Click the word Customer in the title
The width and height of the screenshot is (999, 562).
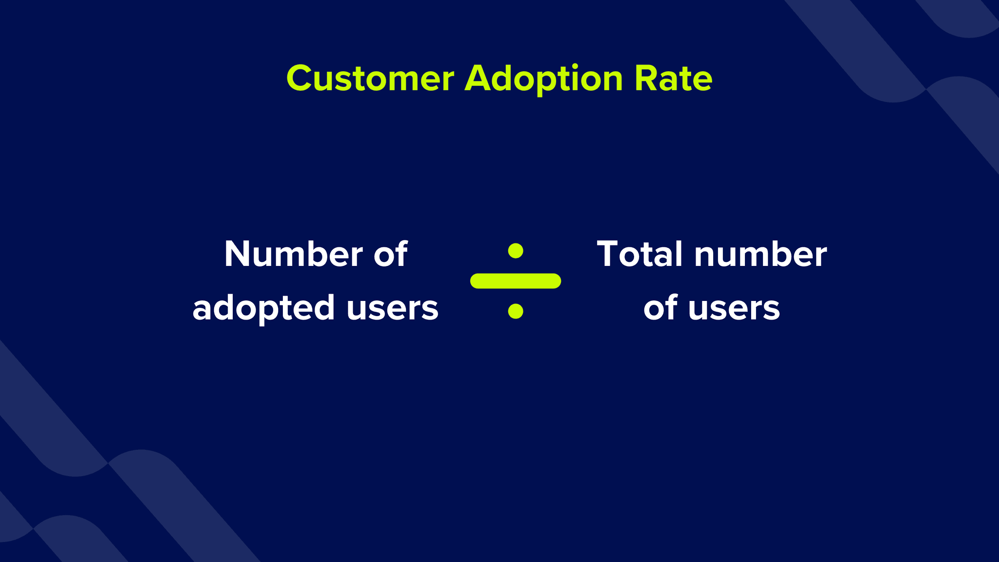tap(370, 79)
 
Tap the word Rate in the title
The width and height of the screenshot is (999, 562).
tap(674, 79)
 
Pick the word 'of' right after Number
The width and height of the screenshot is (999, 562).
tap(391, 254)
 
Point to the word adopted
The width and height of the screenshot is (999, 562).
tap(263, 308)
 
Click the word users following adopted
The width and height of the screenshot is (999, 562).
tap(393, 308)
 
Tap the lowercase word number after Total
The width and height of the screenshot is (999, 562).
tap(760, 254)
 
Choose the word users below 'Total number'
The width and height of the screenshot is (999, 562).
tap(734, 308)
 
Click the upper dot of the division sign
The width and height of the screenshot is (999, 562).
tap(516, 251)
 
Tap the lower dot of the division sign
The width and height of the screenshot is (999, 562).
tap(516, 311)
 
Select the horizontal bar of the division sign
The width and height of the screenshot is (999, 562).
tap(516, 281)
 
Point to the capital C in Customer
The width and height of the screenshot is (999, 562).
tap(299, 79)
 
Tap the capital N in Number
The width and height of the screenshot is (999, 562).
tap(237, 254)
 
